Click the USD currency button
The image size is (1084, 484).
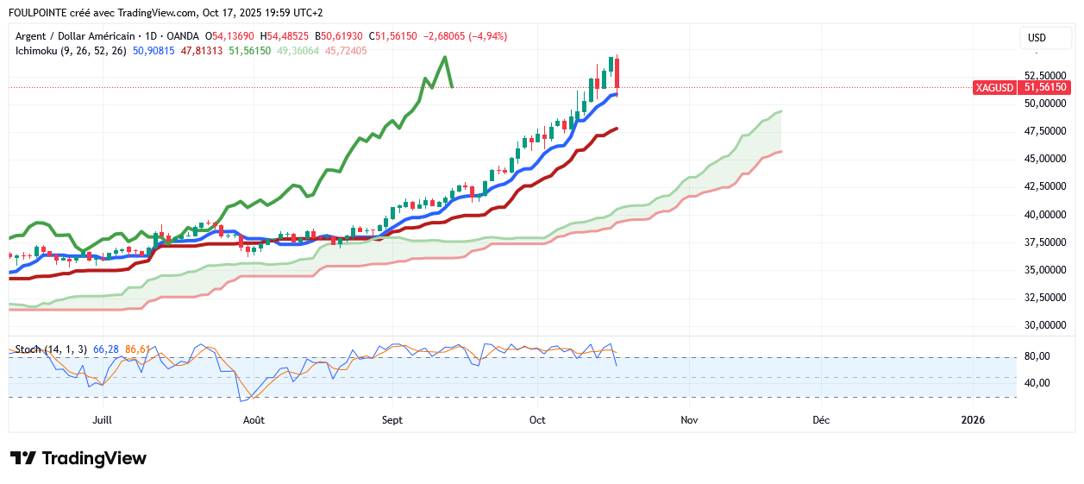pos(1036,38)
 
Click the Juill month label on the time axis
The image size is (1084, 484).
pos(103,420)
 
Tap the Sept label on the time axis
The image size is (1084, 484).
pos(392,420)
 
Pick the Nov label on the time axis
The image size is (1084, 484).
pos(688,420)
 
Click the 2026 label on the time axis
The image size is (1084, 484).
pos(974,420)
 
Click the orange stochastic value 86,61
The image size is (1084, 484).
pos(138,349)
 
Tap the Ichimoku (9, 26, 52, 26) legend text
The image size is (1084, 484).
pos(72,51)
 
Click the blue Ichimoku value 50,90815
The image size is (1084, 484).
pos(154,51)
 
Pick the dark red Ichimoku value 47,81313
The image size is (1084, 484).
pos(202,51)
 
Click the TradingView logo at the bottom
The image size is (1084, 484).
pos(78,458)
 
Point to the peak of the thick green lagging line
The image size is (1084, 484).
pos(445,57)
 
